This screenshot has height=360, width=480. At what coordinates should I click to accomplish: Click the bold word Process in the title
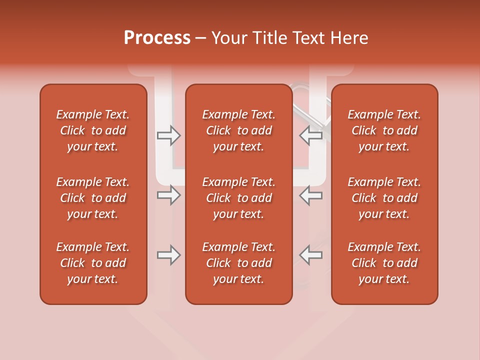(157, 38)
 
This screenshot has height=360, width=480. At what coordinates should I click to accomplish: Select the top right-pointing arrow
(168, 135)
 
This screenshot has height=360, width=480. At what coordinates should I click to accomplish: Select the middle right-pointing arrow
(168, 195)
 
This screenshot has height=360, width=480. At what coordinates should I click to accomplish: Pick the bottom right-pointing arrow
(168, 255)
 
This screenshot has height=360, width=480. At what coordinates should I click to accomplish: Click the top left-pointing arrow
(311, 135)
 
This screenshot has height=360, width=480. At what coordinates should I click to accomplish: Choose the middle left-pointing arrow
(311, 195)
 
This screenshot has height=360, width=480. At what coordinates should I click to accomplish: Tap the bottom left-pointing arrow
(311, 255)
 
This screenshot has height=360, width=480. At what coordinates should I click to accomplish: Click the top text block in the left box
(93, 130)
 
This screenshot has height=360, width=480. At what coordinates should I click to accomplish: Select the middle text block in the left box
(93, 198)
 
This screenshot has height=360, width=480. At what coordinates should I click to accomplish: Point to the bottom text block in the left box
(93, 263)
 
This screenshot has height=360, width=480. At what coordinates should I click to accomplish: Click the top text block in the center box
(238, 130)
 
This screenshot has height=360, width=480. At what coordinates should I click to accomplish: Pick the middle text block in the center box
(238, 198)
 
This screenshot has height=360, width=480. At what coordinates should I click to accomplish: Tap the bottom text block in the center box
(238, 263)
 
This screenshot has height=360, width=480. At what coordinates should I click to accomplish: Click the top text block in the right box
(384, 130)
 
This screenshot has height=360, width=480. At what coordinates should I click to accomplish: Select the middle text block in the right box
(384, 198)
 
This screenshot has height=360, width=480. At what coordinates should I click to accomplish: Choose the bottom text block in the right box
(384, 263)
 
